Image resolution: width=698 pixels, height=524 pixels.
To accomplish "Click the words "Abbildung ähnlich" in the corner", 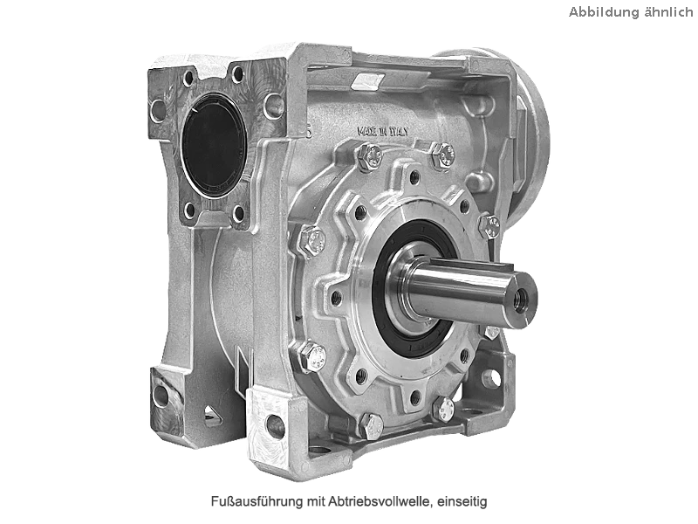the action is pyautogui.click(x=631, y=12).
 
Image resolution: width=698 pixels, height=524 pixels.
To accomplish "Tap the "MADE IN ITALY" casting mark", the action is pyautogui.click(x=382, y=132).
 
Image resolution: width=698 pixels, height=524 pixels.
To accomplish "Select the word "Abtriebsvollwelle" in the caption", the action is pyautogui.click(x=380, y=501).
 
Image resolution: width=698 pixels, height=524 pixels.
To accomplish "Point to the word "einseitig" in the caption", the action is pyautogui.click(x=462, y=501).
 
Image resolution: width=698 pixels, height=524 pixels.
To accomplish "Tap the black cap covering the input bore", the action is pyautogui.click(x=215, y=146).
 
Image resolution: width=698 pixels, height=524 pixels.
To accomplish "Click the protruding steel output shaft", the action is pyautogui.click(x=463, y=289).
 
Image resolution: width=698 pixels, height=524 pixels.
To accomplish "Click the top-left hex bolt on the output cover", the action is pyautogui.click(x=370, y=157).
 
